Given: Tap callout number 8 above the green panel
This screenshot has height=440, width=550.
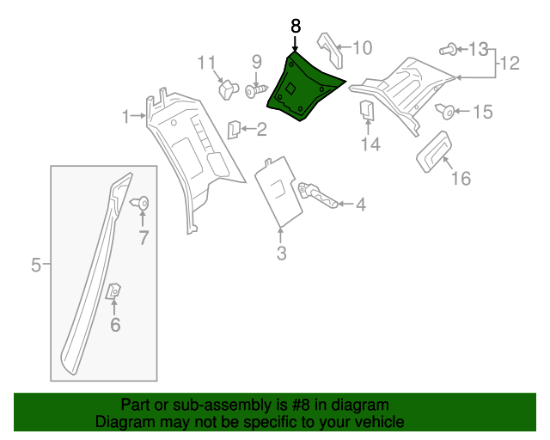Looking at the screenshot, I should (x=296, y=27).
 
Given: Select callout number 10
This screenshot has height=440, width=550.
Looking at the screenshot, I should (x=362, y=48).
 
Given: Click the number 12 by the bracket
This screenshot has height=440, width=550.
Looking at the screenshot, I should (x=510, y=63).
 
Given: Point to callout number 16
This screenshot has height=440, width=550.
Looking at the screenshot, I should (x=461, y=178).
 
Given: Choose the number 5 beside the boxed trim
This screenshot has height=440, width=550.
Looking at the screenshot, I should (x=36, y=265).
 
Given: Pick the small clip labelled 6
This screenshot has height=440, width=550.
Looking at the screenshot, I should (x=113, y=293).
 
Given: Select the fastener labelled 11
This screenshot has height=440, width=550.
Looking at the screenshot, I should (x=229, y=88).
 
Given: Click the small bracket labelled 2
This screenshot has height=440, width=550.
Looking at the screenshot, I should (x=233, y=129).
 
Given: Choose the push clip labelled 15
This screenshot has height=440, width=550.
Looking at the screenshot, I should (x=447, y=111).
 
